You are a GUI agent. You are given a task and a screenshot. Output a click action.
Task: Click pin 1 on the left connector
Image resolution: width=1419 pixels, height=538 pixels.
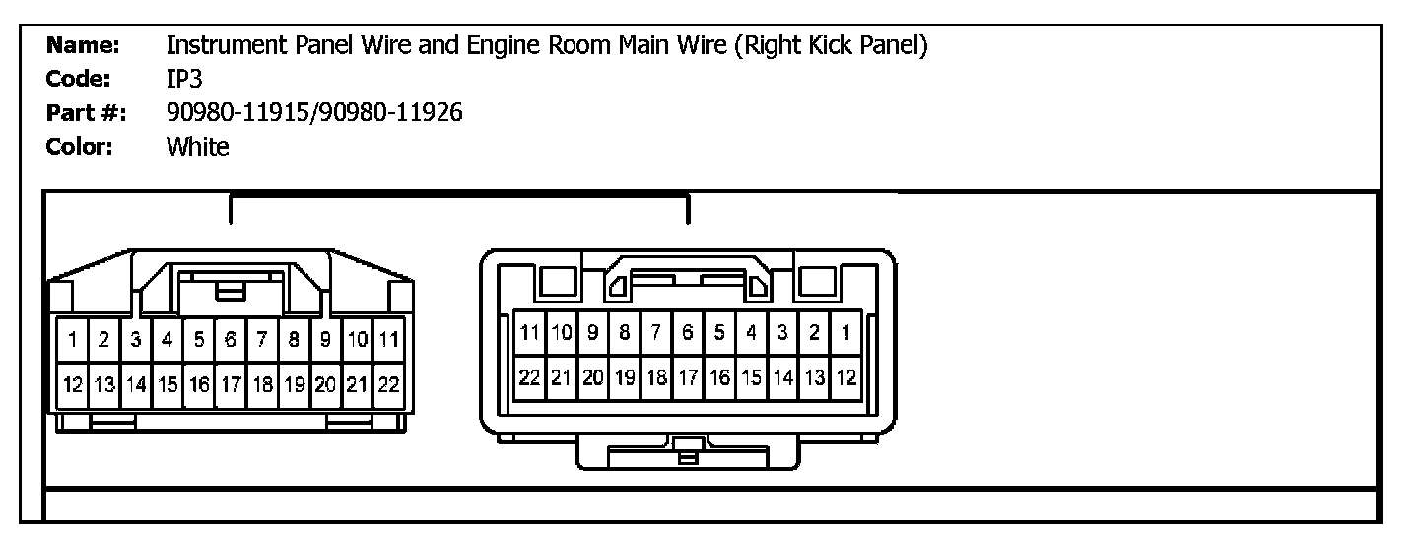click(73, 340)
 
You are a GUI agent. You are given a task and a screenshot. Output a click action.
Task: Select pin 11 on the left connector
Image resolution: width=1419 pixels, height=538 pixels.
click(388, 340)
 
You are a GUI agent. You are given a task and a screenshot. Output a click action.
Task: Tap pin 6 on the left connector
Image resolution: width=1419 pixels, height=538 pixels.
click(231, 340)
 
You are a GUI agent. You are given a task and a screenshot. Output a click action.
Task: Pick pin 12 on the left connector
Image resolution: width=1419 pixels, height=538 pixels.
click(73, 384)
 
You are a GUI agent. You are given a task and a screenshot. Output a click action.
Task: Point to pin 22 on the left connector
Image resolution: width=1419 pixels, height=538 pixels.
click(388, 384)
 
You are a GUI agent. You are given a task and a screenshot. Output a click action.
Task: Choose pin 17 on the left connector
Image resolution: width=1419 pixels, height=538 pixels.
click(231, 384)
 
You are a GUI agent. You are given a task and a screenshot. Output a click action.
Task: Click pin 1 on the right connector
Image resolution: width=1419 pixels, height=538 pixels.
click(845, 333)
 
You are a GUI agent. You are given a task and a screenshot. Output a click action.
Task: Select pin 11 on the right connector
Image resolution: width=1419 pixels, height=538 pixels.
click(530, 333)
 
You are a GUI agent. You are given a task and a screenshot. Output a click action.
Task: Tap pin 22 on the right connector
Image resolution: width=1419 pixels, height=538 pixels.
click(530, 377)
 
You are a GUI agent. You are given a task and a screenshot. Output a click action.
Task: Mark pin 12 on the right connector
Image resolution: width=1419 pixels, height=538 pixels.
click(845, 377)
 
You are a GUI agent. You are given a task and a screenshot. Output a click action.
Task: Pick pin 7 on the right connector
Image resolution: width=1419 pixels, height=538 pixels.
click(656, 333)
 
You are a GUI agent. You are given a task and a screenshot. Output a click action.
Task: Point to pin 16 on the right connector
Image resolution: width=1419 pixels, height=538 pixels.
click(719, 377)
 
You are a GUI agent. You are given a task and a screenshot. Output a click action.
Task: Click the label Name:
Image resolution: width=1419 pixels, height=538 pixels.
click(84, 45)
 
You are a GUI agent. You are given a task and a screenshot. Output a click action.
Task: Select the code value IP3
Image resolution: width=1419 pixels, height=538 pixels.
click(184, 80)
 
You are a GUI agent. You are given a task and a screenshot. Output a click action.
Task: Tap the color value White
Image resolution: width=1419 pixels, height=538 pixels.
click(197, 148)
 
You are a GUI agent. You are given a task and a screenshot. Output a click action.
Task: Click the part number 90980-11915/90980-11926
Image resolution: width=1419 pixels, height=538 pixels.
click(314, 113)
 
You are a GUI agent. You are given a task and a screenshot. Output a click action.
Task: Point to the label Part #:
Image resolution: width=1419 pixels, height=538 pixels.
click(87, 113)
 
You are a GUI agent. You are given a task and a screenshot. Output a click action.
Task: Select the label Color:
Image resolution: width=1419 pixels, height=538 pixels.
click(81, 148)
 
